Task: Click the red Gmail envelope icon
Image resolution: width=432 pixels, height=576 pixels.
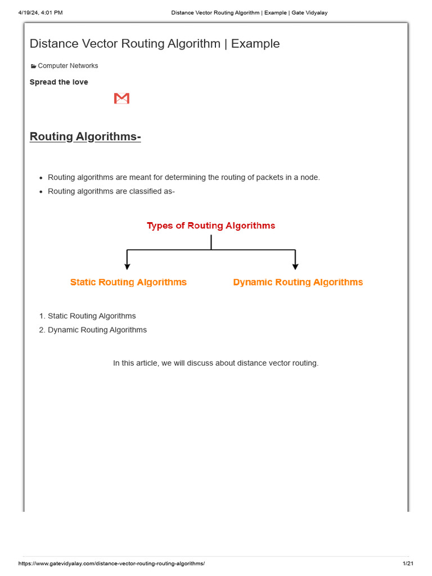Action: (x=121, y=98)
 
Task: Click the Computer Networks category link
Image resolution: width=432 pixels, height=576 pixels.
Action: (x=67, y=66)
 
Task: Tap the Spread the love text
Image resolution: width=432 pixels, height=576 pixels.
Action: (x=59, y=82)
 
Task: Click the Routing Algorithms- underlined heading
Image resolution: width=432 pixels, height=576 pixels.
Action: (x=85, y=137)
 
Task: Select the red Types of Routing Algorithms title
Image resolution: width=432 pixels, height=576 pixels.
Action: (x=211, y=226)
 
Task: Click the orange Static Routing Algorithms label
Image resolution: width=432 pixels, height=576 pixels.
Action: (x=128, y=282)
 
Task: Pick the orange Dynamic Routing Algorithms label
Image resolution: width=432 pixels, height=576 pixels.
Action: (x=298, y=282)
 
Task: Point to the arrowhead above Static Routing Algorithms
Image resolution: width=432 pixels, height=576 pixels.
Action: (x=128, y=266)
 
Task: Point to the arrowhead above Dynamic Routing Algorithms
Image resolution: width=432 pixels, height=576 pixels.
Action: (x=295, y=266)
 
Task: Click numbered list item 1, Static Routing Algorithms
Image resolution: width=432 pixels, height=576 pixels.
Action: (x=92, y=316)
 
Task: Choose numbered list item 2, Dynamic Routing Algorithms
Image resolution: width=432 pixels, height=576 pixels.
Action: (x=97, y=330)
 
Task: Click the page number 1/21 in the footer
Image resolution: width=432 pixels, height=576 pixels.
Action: (x=408, y=564)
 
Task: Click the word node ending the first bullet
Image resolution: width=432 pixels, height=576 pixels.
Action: (x=309, y=178)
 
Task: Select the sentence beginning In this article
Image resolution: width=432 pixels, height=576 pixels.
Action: (x=215, y=363)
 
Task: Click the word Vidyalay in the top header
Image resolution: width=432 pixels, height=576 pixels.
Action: (x=315, y=12)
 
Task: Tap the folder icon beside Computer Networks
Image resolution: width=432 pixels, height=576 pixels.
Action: (x=33, y=66)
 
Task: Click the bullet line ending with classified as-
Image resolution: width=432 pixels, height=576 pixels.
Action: (x=111, y=192)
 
